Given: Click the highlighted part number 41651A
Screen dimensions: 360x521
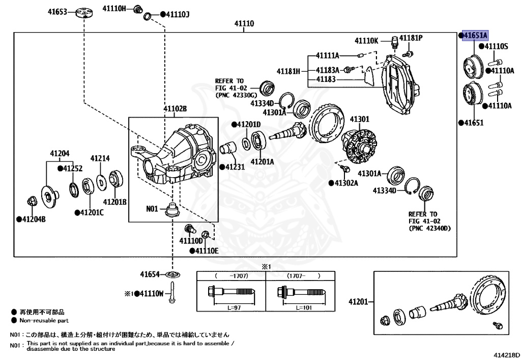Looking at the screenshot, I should [475, 35].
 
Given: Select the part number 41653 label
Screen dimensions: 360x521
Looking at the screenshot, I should [57, 11].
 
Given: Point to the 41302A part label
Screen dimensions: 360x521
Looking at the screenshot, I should [349, 182].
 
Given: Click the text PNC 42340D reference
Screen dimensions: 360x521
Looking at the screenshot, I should [429, 229].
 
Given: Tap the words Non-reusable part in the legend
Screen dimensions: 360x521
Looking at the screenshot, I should [44, 321].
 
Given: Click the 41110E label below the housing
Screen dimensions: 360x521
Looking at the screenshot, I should [206, 251].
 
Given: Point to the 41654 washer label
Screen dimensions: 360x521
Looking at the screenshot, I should [151, 274].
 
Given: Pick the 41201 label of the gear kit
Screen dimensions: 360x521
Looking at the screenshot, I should [358, 302].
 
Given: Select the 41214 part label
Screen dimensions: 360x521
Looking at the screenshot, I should [100, 158].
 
